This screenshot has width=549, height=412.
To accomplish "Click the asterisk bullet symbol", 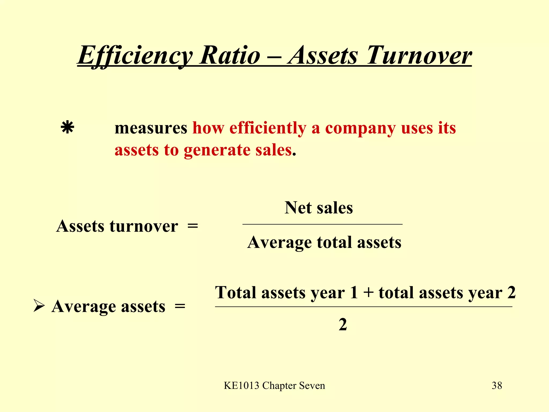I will click(67, 127).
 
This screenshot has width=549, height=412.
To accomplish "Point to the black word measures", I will click(151, 128).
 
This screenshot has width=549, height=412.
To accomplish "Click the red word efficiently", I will click(268, 128).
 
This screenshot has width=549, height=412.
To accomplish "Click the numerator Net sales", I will click(319, 208).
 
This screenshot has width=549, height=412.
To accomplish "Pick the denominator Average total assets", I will click(324, 243).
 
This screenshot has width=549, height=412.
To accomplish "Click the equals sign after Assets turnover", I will click(192, 226).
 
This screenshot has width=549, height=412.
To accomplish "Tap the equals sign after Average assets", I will click(180, 306).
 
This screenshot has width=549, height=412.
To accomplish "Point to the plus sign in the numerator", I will click(368, 292).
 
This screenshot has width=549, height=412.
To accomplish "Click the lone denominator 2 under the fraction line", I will click(343, 325).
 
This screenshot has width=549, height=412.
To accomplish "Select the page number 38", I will click(497, 385).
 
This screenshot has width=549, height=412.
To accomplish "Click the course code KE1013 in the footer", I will click(242, 386).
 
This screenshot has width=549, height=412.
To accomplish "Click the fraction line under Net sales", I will click(322, 224).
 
